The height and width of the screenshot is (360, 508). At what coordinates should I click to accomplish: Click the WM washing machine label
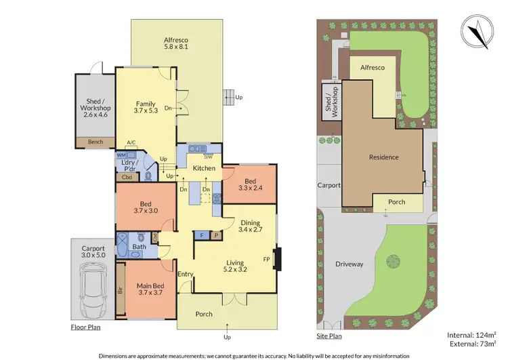pyautogui.click(x=121, y=155)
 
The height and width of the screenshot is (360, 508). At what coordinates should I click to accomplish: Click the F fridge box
pyautogui.click(x=202, y=235)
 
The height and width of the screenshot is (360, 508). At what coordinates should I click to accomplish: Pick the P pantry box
pyautogui.click(x=215, y=235)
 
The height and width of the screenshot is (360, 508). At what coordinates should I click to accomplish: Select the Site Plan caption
pyautogui.click(x=329, y=336)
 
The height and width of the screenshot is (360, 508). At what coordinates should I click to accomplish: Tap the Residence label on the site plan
pyautogui.click(x=383, y=157)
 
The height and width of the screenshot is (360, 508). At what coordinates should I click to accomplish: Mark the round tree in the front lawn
pyautogui.click(x=394, y=260)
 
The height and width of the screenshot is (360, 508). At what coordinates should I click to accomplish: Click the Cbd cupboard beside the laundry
pyautogui.click(x=126, y=178)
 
